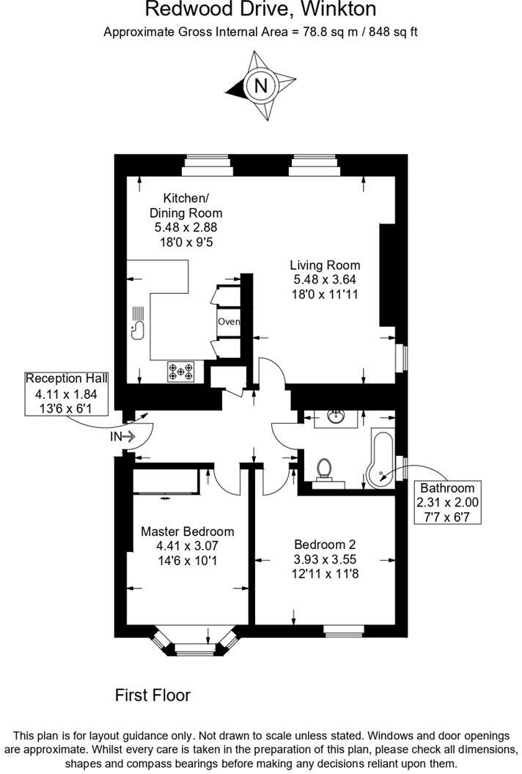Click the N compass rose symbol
pyautogui.click(x=260, y=86)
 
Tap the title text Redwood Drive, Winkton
pyautogui.click(x=261, y=10)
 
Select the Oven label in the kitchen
pyautogui.click(x=228, y=321)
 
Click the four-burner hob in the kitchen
pyautogui.click(x=180, y=372)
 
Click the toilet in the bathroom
pyautogui.click(x=326, y=470)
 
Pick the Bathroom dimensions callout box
pyautogui.click(x=446, y=501)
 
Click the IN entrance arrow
pyautogui.click(x=122, y=437)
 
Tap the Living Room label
pyautogui.click(x=325, y=279)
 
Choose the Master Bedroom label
pyautogui.click(x=188, y=545)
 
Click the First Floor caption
pyautogui.click(x=152, y=695)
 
